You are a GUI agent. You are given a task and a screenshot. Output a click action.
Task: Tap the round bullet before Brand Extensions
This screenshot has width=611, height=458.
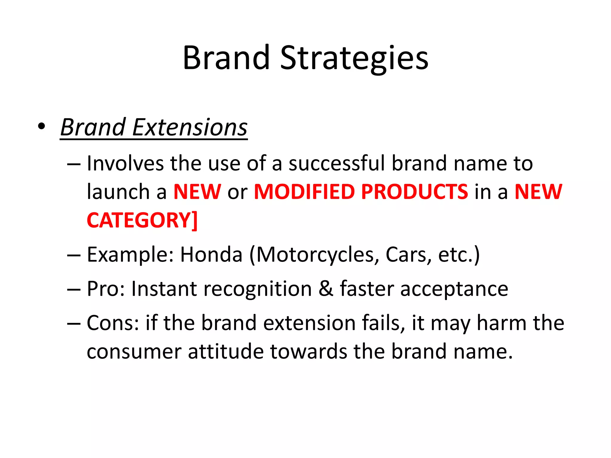click(x=41, y=126)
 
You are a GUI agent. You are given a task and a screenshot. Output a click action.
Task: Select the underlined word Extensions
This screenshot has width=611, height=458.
click(x=190, y=127)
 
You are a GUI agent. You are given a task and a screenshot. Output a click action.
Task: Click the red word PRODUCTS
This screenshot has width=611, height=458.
click(x=415, y=192)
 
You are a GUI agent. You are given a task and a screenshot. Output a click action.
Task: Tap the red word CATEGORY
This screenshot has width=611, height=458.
click(x=139, y=220)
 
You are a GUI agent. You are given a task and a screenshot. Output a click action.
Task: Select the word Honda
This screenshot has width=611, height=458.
click(x=211, y=255)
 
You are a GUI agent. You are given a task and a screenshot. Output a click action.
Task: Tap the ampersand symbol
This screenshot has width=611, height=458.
click(x=326, y=289)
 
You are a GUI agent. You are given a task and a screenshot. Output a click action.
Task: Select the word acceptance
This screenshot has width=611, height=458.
click(x=454, y=290)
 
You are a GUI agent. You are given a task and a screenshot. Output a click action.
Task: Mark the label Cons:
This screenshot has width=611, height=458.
click(x=113, y=323)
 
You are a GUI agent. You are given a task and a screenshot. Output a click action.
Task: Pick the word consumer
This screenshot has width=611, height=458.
click(x=134, y=352)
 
